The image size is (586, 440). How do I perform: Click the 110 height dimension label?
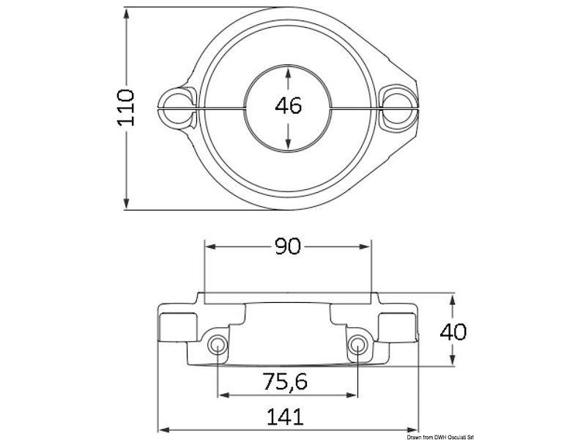coord(127,108)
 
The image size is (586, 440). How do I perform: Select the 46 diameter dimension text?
coord(288,106)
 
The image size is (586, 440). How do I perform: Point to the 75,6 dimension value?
coord(285,381)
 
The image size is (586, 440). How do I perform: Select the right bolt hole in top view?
coord(399,106)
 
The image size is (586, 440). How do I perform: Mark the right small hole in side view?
coord(357,346)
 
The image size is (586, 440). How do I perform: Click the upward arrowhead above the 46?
coord(289,72)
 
